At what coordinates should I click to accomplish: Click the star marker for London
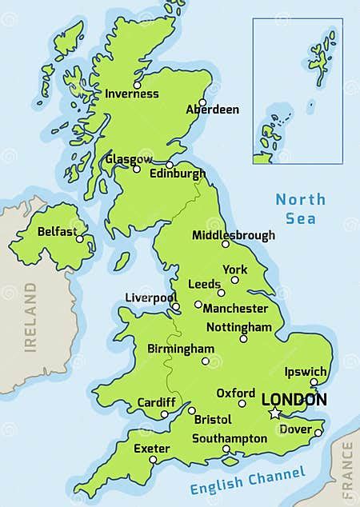(x=275, y=413)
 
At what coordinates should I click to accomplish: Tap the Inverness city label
(x=132, y=94)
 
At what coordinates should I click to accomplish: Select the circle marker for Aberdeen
(x=202, y=102)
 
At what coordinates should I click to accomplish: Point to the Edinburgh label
(x=179, y=173)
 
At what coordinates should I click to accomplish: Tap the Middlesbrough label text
(x=233, y=235)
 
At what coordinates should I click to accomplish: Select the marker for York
(x=235, y=280)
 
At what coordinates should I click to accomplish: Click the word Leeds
(x=203, y=284)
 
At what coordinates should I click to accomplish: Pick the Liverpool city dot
(x=175, y=305)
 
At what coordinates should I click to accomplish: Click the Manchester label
(x=235, y=308)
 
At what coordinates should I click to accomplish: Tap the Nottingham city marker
(x=243, y=338)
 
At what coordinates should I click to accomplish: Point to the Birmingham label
(x=181, y=349)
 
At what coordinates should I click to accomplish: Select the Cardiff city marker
(x=165, y=414)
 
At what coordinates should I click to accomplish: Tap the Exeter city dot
(x=153, y=460)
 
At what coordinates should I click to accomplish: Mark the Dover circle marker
(x=318, y=433)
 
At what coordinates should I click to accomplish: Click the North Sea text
(x=300, y=209)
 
